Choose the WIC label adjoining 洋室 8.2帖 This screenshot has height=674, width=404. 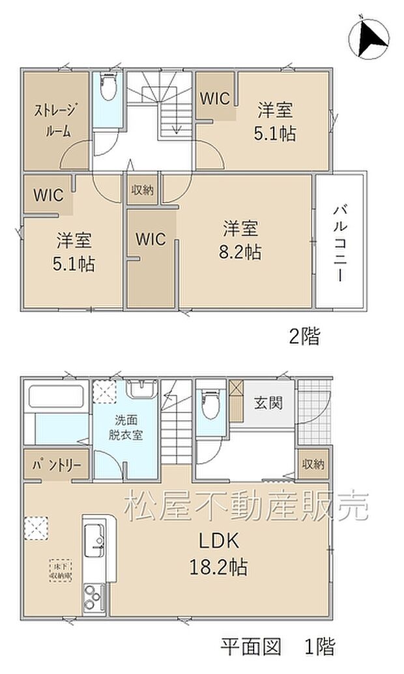[151, 239]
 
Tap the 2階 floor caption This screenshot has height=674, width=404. [304, 336]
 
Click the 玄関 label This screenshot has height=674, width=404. [268, 403]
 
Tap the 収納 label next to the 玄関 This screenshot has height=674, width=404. [313, 464]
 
